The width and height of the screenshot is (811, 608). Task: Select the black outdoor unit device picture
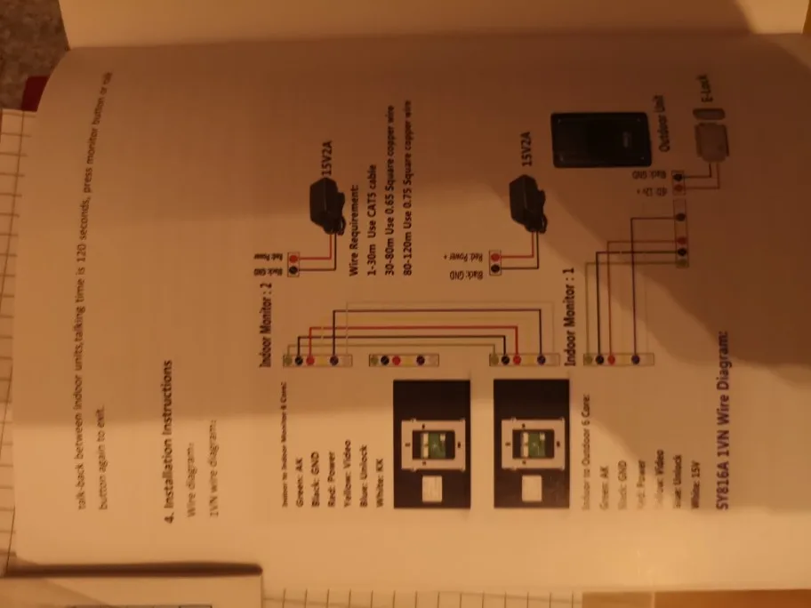click(600, 140)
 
